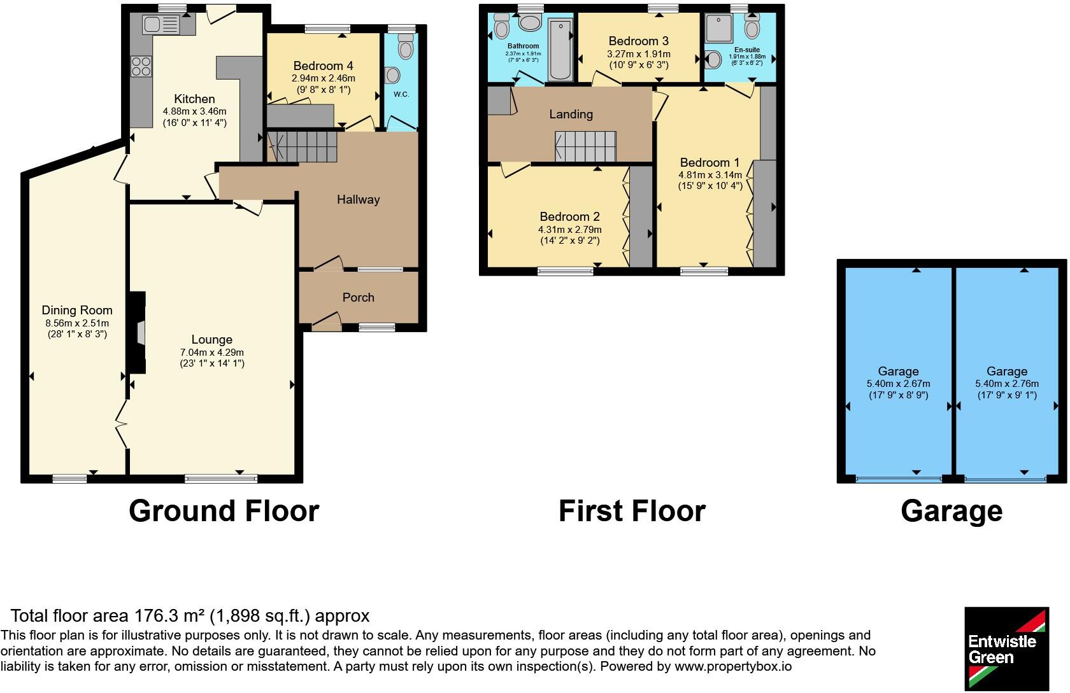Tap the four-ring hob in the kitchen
[141, 66]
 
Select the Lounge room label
[211, 340]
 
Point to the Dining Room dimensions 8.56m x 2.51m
[76, 323]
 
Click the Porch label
[358, 297]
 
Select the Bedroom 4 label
[323, 66]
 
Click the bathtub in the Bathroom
[560, 49]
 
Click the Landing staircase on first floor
[585, 146]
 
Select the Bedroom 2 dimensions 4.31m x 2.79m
[569, 230]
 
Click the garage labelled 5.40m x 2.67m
[898, 371]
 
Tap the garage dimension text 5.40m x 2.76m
[1006, 384]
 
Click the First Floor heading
[631, 511]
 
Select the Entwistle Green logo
[1006, 648]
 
